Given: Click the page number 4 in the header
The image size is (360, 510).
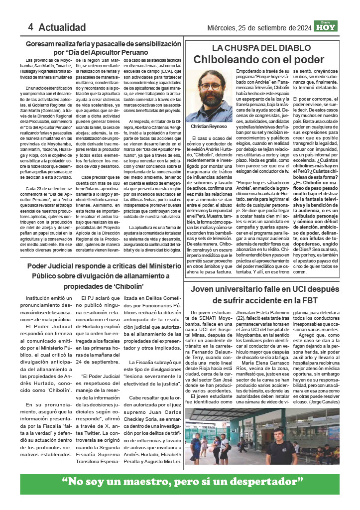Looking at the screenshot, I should [30, 27].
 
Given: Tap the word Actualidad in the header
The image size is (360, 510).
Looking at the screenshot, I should [62, 27].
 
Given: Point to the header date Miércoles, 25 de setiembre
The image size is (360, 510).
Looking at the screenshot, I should [259, 28].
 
